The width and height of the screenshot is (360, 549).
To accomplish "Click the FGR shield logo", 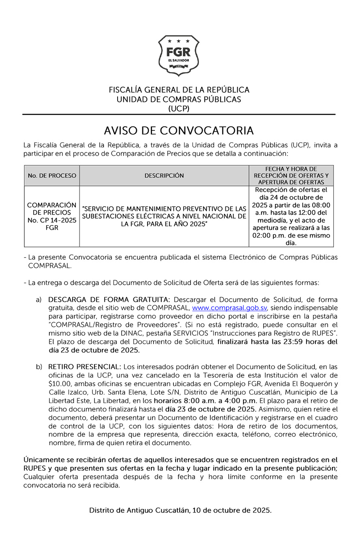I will point(179,56).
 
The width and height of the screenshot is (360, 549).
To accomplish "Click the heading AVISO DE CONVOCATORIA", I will point(179,130).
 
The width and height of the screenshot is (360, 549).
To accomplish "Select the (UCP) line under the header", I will point(179,109).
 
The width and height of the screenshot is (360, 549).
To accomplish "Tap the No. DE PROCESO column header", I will point(52,175).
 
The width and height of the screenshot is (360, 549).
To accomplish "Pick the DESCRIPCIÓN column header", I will point(164,175).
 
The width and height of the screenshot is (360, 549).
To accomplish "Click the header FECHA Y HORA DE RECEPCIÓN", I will point(291,175).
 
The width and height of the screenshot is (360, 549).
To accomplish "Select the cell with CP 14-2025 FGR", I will point(52,216).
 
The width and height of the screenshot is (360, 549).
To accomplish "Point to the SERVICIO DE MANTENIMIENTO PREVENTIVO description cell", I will point(164,216).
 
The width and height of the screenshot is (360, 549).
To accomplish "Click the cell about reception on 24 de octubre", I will point(291,216).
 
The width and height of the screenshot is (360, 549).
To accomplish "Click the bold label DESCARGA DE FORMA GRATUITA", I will point(108,299).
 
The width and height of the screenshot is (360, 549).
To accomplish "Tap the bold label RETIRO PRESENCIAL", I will point(84,367).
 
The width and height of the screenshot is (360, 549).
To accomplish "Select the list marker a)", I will point(39,299).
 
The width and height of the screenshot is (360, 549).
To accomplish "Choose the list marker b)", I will point(39,367).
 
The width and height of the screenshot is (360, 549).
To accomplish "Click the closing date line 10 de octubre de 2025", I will point(180,511).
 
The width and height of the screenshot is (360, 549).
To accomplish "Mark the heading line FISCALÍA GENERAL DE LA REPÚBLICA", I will point(179,90).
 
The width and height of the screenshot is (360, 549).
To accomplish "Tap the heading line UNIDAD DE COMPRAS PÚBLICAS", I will point(179,99).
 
